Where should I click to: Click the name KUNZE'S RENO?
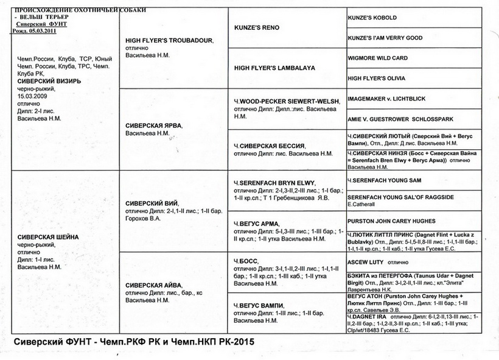(257, 28)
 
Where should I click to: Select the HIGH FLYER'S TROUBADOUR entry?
(169, 40)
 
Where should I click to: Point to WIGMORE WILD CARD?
(377, 58)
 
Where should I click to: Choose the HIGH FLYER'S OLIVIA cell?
(375, 79)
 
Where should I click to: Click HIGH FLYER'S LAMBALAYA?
(274, 68)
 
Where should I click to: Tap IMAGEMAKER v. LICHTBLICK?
(386, 99)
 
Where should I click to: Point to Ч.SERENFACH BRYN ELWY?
(271, 183)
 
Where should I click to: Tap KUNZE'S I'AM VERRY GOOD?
(385, 38)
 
